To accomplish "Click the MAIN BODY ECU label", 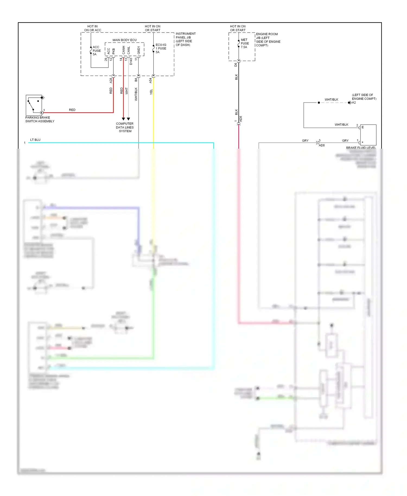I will (125, 40).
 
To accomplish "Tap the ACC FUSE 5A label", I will (97, 51).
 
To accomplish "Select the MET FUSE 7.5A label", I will (244, 43).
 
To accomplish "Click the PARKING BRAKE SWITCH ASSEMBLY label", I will (40, 119).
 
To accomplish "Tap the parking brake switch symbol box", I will (34, 105).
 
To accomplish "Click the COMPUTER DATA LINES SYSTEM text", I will (125, 127).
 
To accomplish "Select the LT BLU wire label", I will (35, 140).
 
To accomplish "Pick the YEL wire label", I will (151, 92).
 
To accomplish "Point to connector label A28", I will (111, 80).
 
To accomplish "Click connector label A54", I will (151, 80).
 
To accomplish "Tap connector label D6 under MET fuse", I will (236, 65).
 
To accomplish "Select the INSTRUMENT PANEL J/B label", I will (185, 39).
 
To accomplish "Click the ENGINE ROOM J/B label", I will (268, 40).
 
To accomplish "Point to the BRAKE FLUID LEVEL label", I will (361, 148).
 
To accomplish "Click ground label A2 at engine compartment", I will (354, 103).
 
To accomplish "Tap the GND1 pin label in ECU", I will (139, 50).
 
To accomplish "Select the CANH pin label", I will (124, 50).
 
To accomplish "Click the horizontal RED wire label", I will (72, 110).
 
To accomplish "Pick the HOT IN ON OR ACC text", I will (93, 28).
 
